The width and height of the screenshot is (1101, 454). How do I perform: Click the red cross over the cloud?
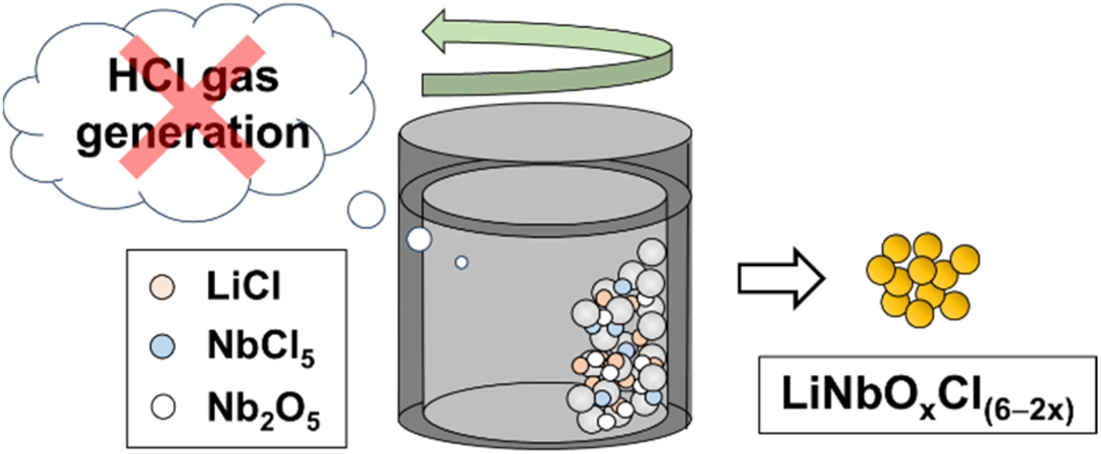(x=192, y=106)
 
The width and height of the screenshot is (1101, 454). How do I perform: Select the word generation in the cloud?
(x=193, y=134)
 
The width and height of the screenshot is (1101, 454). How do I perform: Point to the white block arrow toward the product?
(x=781, y=279)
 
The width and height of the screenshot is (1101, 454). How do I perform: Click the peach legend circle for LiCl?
(x=162, y=287)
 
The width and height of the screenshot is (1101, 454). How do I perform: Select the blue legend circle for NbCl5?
(x=162, y=346)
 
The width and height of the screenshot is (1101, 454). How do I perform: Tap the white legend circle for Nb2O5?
(x=162, y=406)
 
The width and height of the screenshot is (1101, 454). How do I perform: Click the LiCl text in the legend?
(x=244, y=286)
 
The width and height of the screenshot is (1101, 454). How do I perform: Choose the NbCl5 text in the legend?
(x=261, y=348)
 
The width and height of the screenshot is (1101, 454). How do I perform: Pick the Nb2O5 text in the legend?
(x=263, y=409)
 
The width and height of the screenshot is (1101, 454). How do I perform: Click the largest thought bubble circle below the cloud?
(x=366, y=209)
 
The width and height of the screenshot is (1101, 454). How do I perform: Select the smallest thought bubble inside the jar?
(x=461, y=262)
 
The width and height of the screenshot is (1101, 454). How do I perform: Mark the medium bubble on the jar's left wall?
(x=419, y=239)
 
